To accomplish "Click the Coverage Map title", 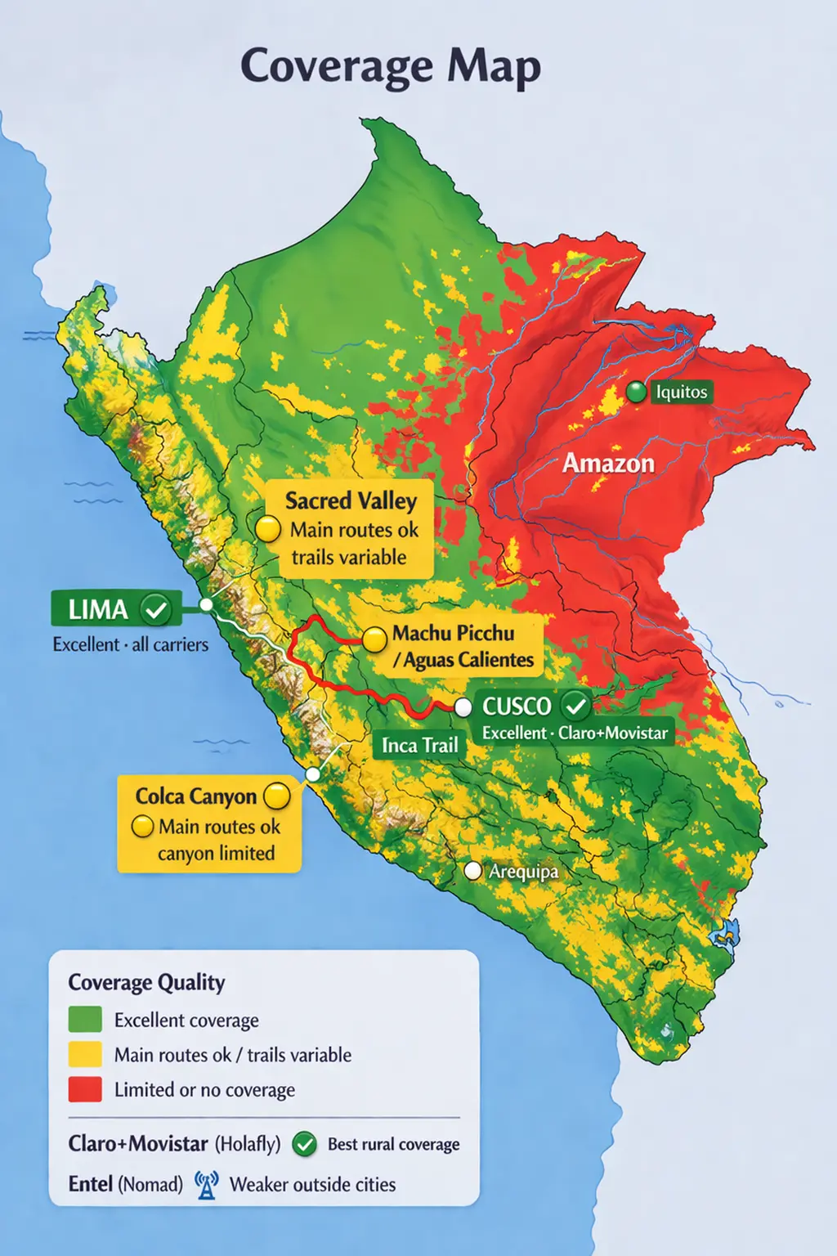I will point(391,67).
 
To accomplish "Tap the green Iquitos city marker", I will point(636,392).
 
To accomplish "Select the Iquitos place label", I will point(681,392).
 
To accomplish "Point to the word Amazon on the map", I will point(608,464).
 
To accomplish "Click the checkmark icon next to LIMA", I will point(155,609).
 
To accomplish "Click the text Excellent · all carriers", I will point(130,644).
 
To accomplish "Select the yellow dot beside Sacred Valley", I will point(268,529).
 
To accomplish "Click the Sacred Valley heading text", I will point(351,500).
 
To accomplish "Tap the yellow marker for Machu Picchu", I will point(374,639).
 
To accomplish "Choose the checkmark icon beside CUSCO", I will point(575,705).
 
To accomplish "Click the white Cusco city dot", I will point(463,706).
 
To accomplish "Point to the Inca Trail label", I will point(419,745).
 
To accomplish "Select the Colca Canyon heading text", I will point(195,796).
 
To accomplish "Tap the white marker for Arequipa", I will point(472,871).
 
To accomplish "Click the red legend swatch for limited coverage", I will point(85,1089).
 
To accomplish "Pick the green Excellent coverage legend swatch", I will point(85,1020).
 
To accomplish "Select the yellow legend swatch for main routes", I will point(85,1055).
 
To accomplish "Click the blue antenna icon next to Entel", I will point(207,1184).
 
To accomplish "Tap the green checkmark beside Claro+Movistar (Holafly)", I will point(304,1144).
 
